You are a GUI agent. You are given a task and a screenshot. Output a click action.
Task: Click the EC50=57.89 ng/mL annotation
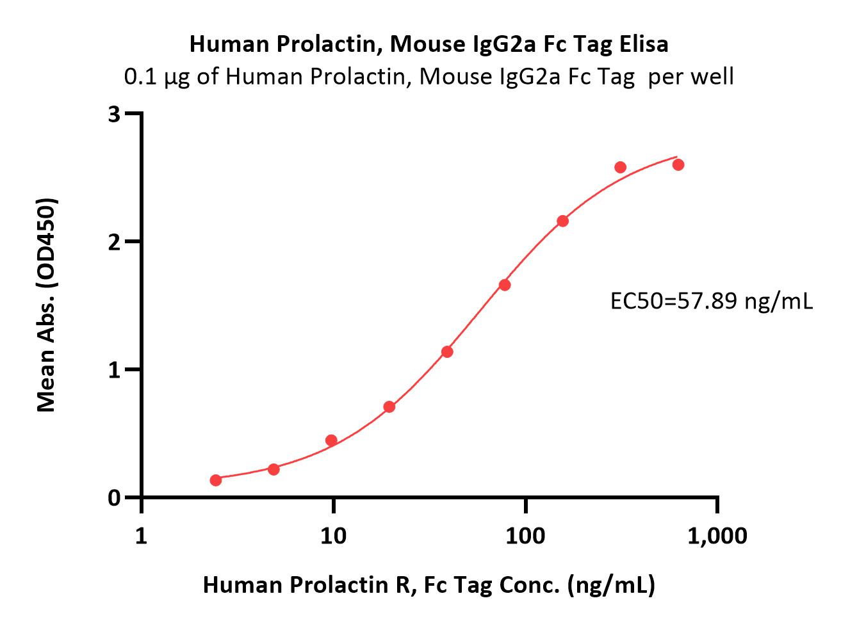click(711, 301)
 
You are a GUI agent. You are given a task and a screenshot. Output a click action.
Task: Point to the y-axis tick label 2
click(115, 242)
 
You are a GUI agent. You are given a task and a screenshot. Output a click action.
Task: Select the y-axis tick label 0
click(115, 498)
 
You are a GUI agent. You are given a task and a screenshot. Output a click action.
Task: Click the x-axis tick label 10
click(333, 535)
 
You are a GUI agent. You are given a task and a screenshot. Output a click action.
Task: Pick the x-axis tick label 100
click(525, 535)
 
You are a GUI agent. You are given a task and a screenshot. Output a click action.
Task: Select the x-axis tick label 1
click(142, 535)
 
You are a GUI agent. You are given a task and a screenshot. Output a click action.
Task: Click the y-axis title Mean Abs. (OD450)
click(47, 305)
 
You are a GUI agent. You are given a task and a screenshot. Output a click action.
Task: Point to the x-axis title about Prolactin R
click(429, 584)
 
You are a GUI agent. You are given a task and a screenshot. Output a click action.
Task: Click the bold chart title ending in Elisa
click(429, 44)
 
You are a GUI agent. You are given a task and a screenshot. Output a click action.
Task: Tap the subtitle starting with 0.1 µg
click(429, 77)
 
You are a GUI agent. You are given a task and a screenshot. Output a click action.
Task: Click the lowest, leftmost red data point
click(216, 480)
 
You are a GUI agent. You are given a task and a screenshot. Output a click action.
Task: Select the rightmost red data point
click(678, 165)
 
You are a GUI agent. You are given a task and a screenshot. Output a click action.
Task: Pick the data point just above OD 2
click(562, 221)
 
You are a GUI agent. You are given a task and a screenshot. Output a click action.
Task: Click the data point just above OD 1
click(447, 351)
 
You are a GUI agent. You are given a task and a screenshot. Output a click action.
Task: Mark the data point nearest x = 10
click(331, 440)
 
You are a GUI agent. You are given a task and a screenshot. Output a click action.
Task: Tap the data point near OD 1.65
click(505, 285)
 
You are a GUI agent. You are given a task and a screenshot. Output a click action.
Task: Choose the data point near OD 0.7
click(389, 407)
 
